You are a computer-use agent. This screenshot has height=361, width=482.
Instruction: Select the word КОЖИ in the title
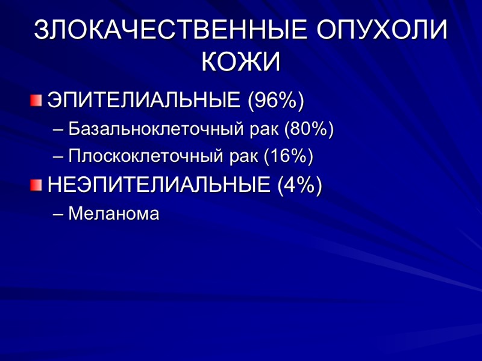point(240,62)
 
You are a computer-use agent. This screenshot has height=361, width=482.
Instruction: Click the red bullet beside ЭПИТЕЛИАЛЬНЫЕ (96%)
point(37,100)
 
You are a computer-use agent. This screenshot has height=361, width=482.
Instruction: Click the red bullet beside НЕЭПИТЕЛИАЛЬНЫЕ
point(37,185)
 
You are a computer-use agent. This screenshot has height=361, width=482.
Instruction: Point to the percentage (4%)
point(299,185)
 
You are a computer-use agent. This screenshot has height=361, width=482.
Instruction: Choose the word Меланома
point(114,213)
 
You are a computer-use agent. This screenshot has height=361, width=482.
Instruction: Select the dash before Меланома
point(58,214)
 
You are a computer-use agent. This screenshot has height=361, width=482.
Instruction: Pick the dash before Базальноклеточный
point(58,129)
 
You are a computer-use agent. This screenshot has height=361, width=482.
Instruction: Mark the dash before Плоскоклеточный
point(58,157)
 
